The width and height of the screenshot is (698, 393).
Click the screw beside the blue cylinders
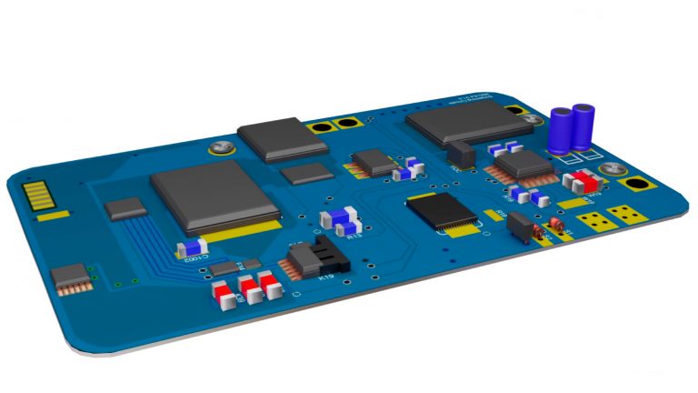tap(612, 168)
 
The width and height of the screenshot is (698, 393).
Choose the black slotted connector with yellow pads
tap(443, 211)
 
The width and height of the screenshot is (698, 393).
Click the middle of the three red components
tap(248, 289)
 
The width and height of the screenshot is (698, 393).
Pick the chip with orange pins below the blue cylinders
tap(524, 165)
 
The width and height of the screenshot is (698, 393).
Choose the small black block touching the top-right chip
tap(462, 156)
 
